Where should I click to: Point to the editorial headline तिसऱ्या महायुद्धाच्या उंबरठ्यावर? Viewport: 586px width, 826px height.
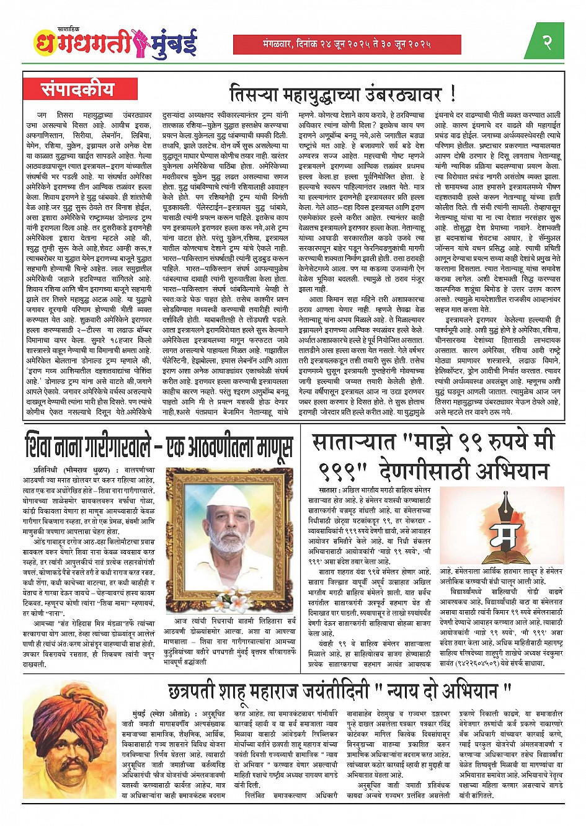[x=342, y=94]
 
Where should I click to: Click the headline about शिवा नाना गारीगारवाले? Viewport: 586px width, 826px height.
[x=158, y=446]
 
